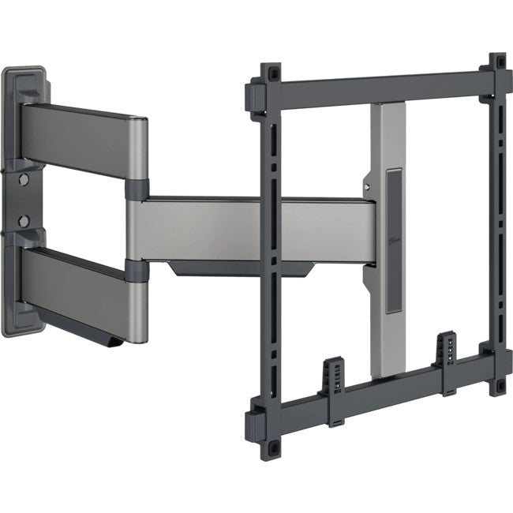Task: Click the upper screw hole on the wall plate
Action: (24, 180)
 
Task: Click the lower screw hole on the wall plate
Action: (24, 220)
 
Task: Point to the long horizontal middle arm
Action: (253, 229)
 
